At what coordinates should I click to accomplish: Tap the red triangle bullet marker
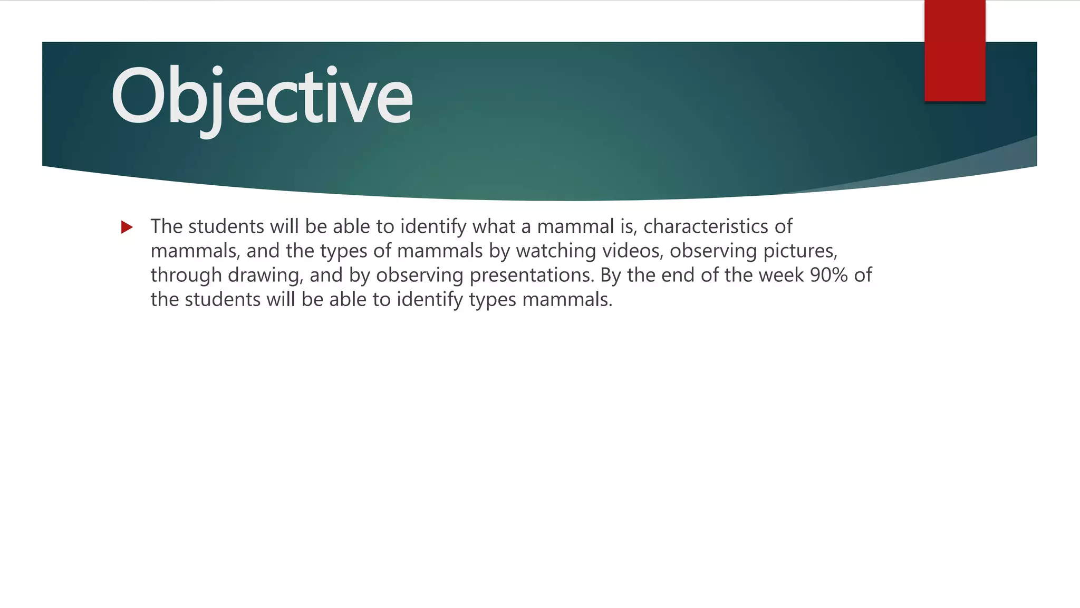127,227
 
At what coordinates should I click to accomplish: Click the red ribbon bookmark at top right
954,51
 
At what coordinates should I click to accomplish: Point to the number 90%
828,275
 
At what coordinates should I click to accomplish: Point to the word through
186,275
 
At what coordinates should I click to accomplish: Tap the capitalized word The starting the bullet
166,226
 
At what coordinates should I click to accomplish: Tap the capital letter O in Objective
139,96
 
